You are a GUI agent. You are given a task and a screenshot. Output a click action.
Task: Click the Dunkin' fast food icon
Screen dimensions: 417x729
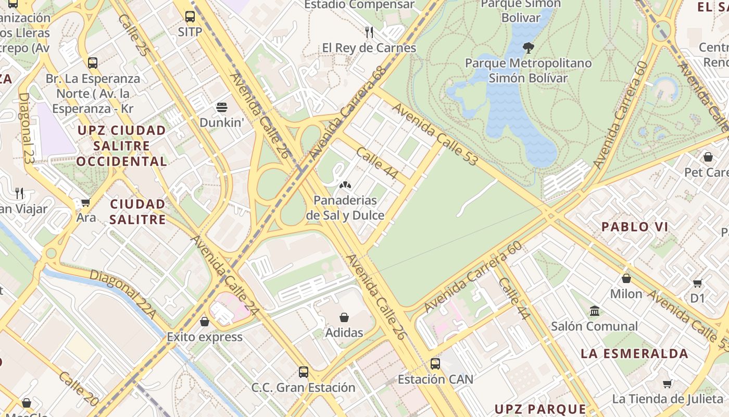(222, 108)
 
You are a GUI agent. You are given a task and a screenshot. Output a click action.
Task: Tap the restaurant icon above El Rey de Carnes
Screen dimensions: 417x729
(369, 32)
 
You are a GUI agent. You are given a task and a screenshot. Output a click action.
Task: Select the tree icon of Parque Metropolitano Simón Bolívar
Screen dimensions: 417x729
(528, 48)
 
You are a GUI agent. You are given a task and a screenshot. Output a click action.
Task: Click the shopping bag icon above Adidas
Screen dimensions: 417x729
(344, 317)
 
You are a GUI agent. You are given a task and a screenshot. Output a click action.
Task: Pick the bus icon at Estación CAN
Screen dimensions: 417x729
(435, 363)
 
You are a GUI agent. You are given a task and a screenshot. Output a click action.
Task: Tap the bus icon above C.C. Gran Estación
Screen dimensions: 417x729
(303, 372)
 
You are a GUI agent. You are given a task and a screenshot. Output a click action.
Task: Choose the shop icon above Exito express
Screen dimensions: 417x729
(204, 321)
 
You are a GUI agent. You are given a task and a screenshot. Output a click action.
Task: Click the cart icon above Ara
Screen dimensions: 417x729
(85, 202)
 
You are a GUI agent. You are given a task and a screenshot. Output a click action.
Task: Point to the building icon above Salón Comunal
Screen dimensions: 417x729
(594, 311)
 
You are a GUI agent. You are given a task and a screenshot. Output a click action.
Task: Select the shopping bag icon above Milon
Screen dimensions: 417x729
(626, 278)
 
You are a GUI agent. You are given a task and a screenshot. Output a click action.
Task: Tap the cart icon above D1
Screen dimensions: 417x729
(697, 283)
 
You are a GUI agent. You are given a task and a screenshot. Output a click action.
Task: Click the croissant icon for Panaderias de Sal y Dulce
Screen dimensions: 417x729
(344, 185)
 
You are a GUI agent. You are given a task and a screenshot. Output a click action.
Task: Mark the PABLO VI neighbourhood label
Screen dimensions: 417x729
(635, 227)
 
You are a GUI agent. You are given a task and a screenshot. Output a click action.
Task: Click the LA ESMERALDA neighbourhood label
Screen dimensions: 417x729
(634, 353)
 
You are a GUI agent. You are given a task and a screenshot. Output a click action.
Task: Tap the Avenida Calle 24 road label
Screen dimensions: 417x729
(224, 275)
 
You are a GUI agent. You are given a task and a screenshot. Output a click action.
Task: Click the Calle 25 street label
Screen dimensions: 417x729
(133, 35)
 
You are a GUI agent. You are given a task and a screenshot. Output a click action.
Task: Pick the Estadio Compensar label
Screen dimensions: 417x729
(359, 5)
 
